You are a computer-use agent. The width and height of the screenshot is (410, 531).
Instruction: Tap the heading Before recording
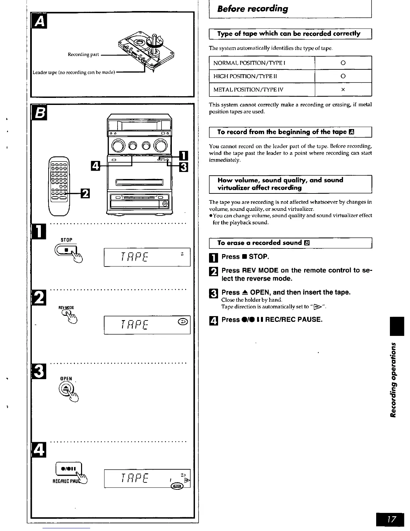coord(252,9)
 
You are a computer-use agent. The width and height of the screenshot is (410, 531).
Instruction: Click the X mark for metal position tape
coord(343,90)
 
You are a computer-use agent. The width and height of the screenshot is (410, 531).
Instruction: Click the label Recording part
coord(83,54)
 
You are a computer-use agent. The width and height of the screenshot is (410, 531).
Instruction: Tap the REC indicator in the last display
coord(177,486)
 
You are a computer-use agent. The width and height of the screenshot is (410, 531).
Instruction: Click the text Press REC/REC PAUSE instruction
coord(272,319)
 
